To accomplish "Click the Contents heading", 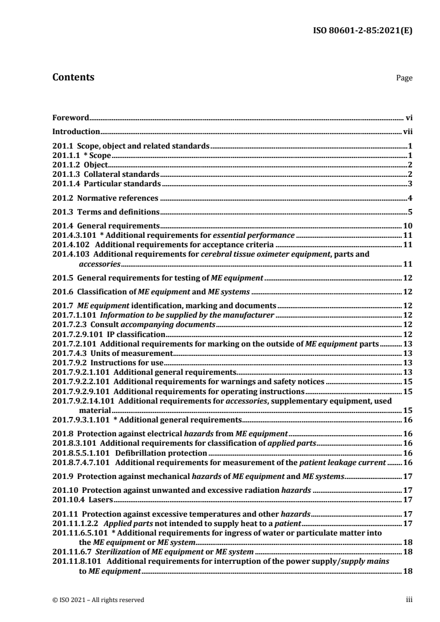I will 73,77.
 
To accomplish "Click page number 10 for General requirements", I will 406,226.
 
